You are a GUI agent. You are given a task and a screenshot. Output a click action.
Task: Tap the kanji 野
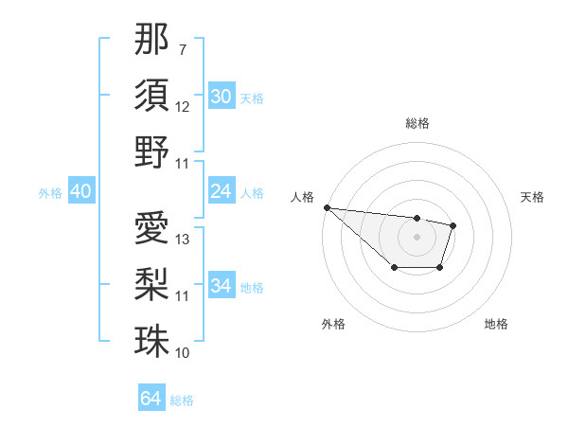click(151, 151)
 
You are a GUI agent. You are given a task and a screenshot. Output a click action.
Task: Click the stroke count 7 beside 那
click(182, 48)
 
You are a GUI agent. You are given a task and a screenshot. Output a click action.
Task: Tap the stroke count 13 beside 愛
click(183, 240)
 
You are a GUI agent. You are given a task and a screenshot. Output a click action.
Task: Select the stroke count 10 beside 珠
click(183, 353)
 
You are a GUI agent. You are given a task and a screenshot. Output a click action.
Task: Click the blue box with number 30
click(221, 97)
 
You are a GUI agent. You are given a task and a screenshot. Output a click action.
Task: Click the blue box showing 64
click(151, 399)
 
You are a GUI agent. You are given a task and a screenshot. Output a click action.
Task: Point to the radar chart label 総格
click(417, 123)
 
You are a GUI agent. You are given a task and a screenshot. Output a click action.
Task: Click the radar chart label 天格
click(533, 197)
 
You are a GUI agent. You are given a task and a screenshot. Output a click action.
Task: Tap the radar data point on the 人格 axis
click(327, 207)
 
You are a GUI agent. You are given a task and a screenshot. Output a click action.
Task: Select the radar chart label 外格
click(333, 324)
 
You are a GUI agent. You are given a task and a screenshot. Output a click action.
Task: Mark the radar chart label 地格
click(496, 324)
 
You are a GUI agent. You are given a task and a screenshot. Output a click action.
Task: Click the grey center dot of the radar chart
click(417, 236)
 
